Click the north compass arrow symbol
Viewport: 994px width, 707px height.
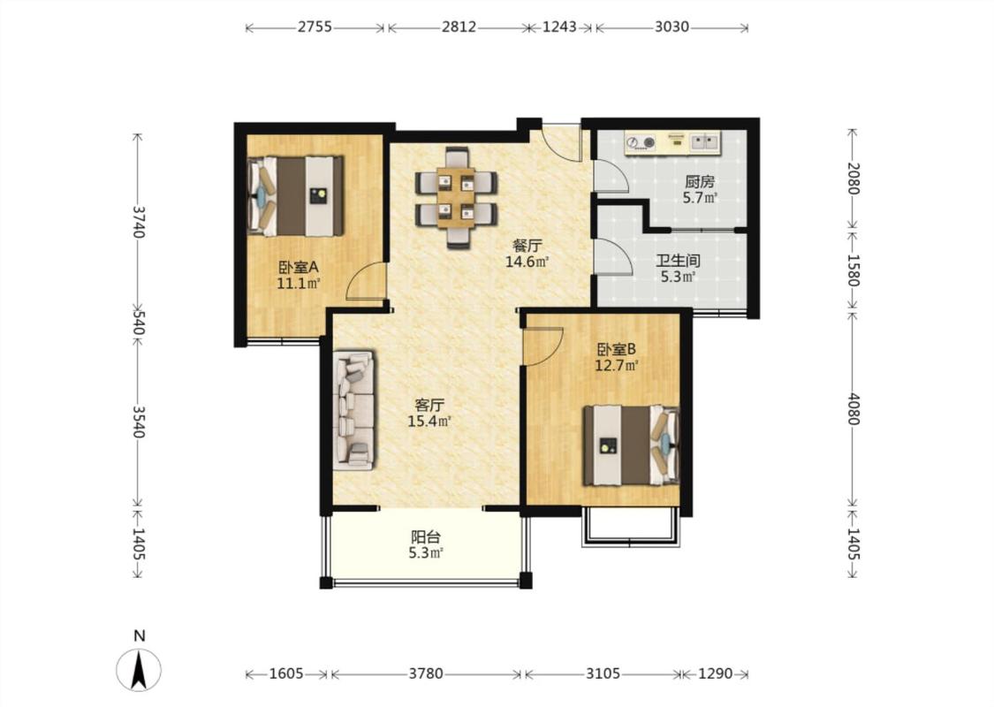point(140,670)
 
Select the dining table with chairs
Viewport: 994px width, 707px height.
point(457,196)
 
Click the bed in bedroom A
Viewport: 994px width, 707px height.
point(295,196)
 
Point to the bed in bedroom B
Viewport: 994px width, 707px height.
point(632,445)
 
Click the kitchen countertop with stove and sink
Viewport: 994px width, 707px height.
point(672,142)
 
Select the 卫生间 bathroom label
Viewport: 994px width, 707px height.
point(679,261)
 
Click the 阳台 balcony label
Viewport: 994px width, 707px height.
point(425,537)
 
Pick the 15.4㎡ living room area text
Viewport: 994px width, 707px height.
point(429,421)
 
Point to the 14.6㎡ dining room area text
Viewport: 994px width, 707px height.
point(527,262)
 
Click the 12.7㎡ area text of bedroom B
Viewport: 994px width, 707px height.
point(616,365)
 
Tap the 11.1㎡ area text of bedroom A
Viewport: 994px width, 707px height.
point(299,284)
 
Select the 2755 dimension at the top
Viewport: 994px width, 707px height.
point(315,27)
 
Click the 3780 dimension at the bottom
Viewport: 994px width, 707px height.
point(425,674)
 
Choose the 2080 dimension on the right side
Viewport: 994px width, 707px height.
point(854,179)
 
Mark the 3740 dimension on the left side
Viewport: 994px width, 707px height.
point(139,221)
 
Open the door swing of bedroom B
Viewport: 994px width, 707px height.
point(543,346)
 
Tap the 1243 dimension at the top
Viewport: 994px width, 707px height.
point(560,27)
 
